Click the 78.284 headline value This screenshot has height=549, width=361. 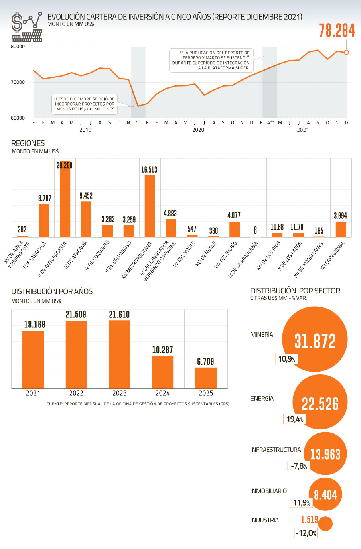coord(337,31)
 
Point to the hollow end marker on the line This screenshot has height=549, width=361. coord(347,52)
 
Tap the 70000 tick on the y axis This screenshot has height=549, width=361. coord(18,82)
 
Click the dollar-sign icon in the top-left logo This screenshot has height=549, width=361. coord(17,23)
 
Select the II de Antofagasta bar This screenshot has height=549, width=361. coord(65,199)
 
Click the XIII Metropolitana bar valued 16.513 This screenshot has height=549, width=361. coord(150,206)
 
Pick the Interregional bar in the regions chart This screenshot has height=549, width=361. coord(341,229)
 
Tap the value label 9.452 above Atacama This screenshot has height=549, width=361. coord(86,195)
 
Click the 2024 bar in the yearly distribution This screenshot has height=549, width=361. coord(162,372)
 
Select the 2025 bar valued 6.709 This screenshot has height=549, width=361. coord(206,378)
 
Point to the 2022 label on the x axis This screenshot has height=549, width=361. coord(76,393)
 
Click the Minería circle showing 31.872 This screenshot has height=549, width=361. coord(315,340)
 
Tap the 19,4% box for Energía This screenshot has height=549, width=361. coord(295,419)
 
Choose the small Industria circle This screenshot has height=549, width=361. coord(325,524)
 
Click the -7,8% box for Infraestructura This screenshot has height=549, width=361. coord(299,466)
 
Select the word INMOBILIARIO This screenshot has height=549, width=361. coord(268,491)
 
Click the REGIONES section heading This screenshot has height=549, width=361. coord(28,143)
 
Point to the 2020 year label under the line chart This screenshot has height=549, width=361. coord(198,130)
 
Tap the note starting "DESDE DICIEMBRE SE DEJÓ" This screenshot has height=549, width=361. coord(85,104)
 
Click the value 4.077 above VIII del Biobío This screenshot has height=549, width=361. coord(234,215)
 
